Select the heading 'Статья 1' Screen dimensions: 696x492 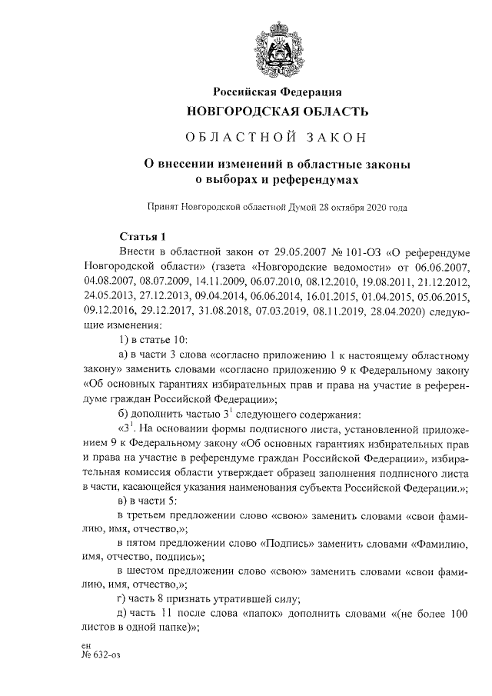(143, 236)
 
